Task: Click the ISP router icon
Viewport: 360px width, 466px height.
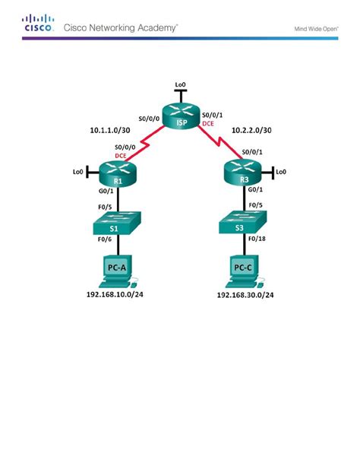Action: click(x=180, y=115)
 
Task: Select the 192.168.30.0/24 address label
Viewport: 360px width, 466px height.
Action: click(x=245, y=294)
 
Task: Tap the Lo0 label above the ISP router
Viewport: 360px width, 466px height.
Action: click(x=180, y=84)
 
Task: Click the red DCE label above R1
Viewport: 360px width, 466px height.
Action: click(x=122, y=155)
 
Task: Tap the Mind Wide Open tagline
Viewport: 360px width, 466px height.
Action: click(x=316, y=29)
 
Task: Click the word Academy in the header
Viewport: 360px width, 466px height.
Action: click(x=156, y=27)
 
